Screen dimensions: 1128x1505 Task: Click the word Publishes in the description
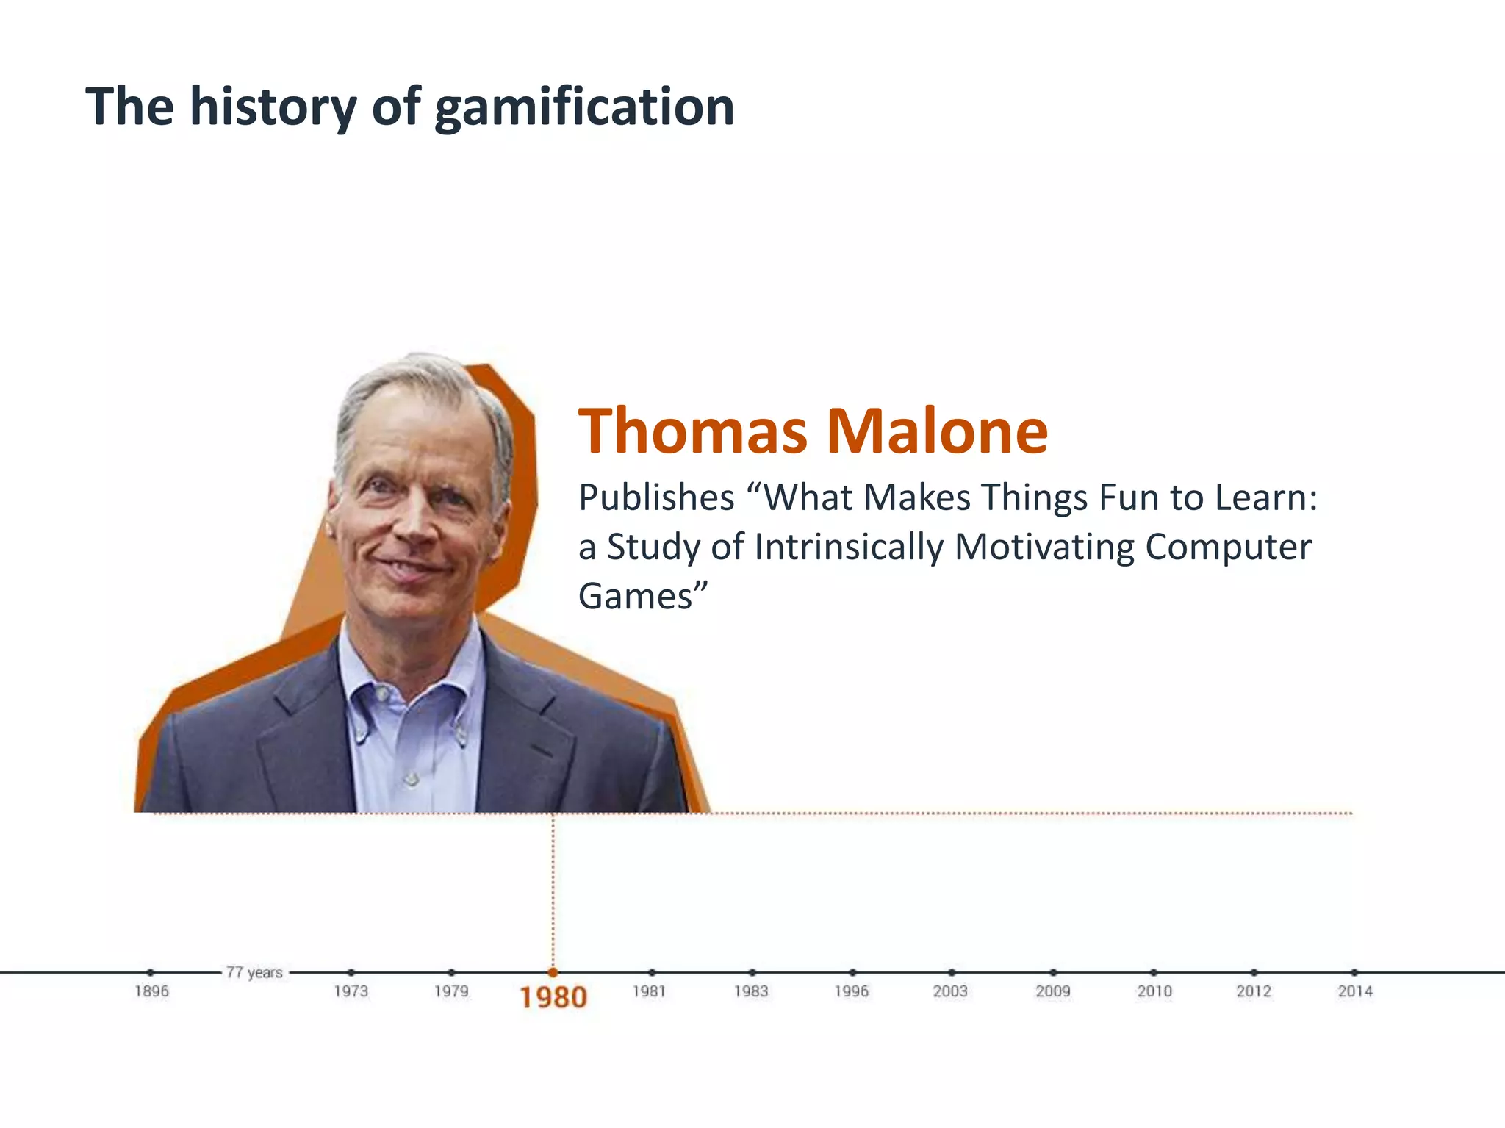pos(656,498)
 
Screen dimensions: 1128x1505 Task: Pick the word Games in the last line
pos(636,597)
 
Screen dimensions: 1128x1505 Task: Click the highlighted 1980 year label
pos(553,998)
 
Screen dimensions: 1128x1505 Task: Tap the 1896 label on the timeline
pos(151,991)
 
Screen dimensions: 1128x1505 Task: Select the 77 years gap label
pos(254,973)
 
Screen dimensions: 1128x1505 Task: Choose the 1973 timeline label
pos(351,991)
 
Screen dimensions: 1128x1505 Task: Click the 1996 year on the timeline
pos(851,991)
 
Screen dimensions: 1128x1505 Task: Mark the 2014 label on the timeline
pos(1354,991)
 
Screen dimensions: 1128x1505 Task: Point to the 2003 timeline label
pos(950,991)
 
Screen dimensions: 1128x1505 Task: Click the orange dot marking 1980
pos(553,972)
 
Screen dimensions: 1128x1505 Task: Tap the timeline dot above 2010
pos(1154,972)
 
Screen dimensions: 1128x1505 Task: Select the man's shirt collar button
pos(381,693)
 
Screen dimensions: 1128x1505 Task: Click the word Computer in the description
pos(1227,547)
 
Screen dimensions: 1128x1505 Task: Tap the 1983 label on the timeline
pos(751,991)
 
